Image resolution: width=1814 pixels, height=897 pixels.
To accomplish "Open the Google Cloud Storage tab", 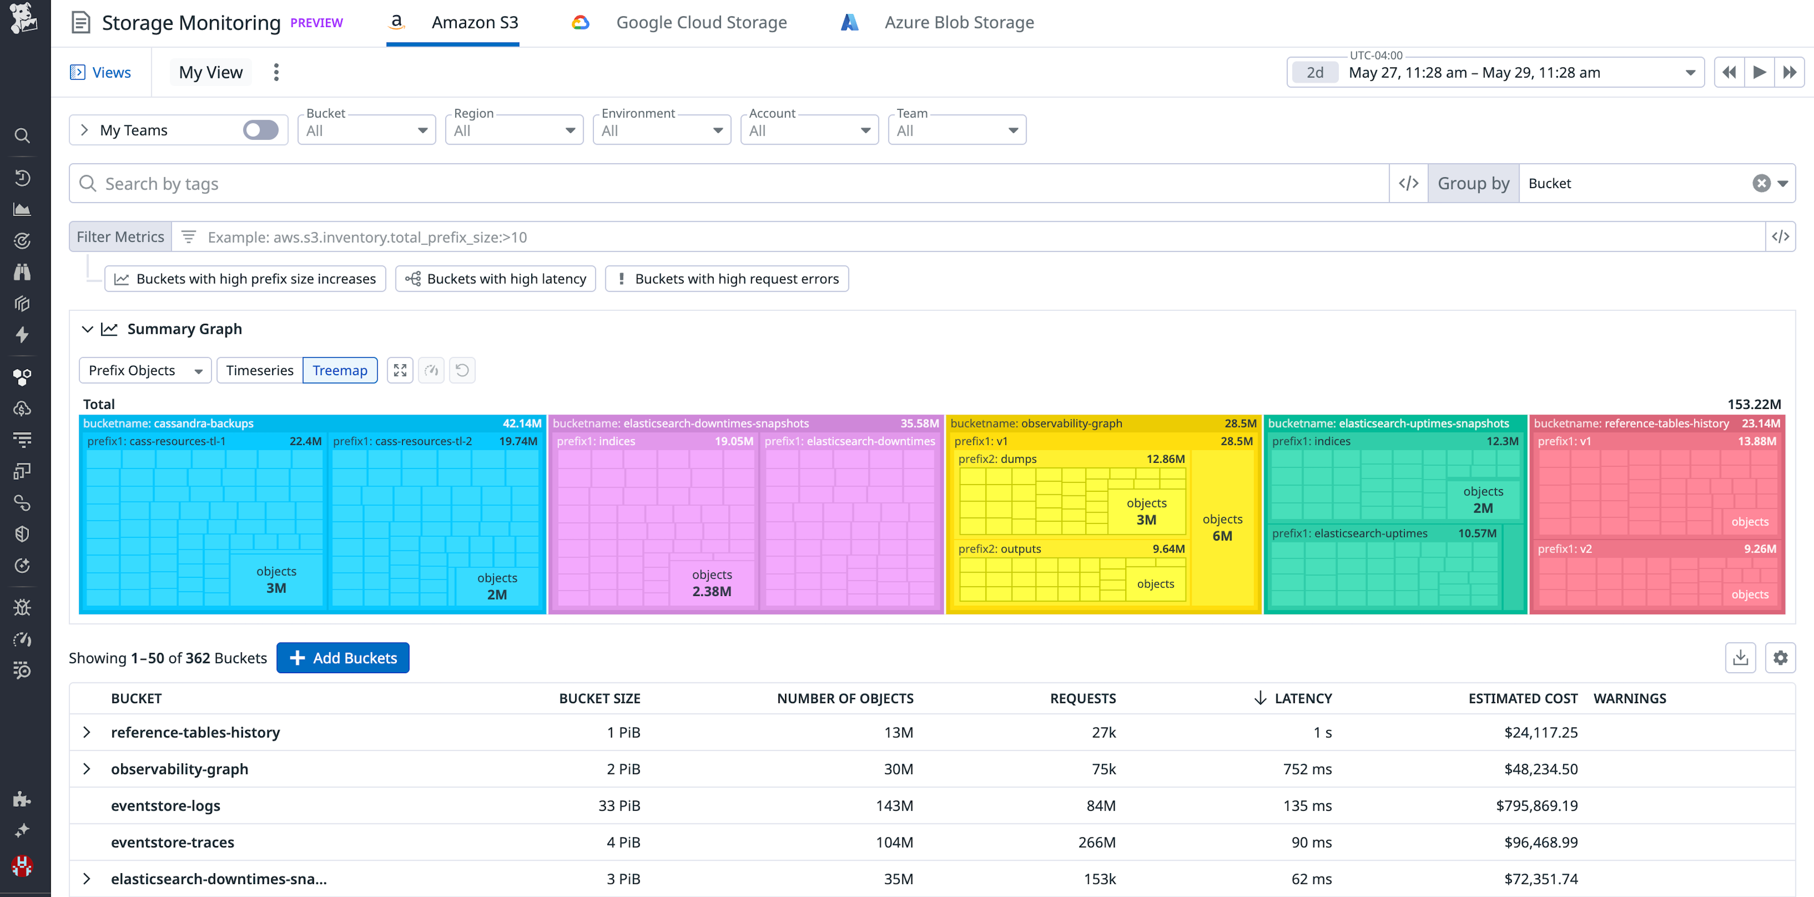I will pyautogui.click(x=700, y=22).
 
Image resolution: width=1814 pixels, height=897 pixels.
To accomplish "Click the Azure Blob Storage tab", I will pyautogui.click(x=958, y=22).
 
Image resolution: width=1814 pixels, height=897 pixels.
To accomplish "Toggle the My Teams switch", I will pyautogui.click(x=261, y=130).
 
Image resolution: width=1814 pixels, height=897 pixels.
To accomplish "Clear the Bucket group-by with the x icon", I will pyautogui.click(x=1761, y=184).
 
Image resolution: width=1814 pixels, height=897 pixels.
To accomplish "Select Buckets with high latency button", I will pyautogui.click(x=496, y=279).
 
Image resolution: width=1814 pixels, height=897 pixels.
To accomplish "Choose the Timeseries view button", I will pyautogui.click(x=259, y=371).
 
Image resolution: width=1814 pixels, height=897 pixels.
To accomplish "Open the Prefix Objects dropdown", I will pyautogui.click(x=145, y=371).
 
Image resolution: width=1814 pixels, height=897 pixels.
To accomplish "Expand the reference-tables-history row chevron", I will pyautogui.click(x=87, y=732).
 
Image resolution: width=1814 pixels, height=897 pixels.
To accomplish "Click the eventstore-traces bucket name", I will pyautogui.click(x=173, y=842).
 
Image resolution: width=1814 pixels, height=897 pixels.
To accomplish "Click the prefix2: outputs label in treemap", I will pyautogui.click(x=999, y=549).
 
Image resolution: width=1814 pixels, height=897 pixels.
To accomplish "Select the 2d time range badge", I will pyautogui.click(x=1314, y=73).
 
